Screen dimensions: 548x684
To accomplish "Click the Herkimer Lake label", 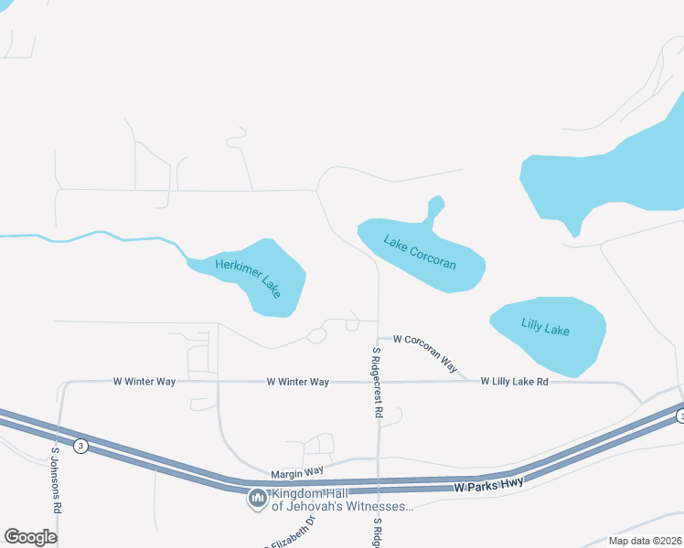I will click(x=248, y=277).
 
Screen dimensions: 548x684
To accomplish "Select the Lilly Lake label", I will click(x=545, y=325).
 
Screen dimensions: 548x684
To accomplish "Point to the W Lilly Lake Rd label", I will click(x=514, y=381).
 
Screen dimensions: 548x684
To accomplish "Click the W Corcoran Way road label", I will click(x=425, y=351).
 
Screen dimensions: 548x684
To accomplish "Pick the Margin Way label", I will click(x=297, y=472).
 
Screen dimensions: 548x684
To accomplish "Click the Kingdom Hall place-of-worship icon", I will click(x=257, y=499).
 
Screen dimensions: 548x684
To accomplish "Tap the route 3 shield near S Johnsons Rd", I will click(x=81, y=446).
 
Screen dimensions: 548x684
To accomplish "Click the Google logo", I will click(x=30, y=536).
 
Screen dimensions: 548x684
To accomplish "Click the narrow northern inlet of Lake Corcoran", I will click(x=433, y=211).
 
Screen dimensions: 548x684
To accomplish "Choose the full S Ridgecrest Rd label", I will click(x=376, y=382).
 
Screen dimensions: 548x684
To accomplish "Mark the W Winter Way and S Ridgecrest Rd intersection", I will click(x=378, y=381).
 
